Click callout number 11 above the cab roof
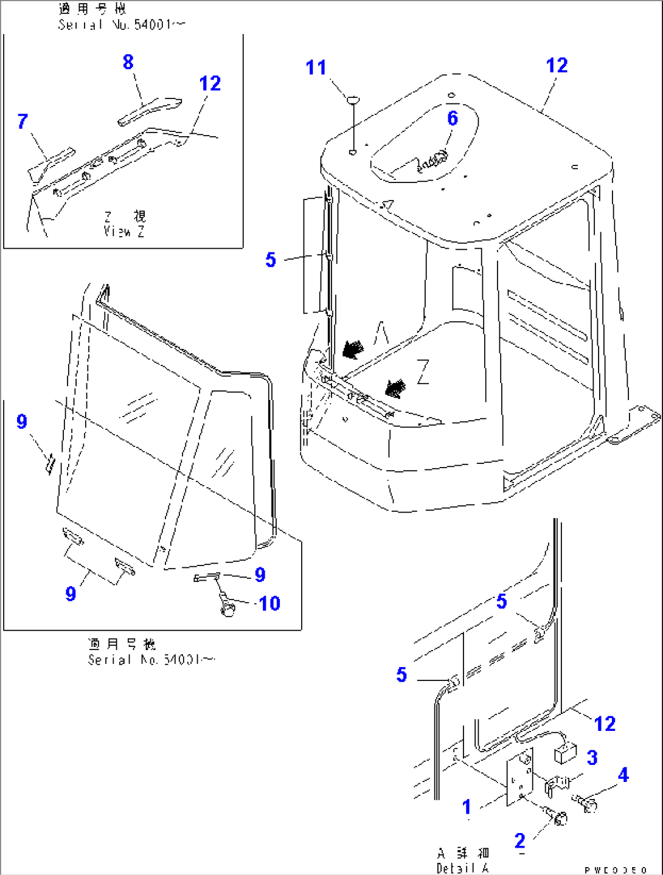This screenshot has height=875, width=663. [x=316, y=67]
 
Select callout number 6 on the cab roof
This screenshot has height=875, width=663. [x=453, y=118]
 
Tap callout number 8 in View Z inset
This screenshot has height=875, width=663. [x=128, y=62]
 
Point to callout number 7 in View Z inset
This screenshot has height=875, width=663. [x=23, y=121]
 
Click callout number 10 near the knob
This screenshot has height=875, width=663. [x=269, y=603]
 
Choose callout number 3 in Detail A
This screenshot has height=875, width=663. [x=592, y=758]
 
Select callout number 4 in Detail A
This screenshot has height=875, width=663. [x=623, y=775]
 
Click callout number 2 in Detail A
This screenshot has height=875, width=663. [x=519, y=840]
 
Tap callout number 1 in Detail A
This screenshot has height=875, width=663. [x=467, y=807]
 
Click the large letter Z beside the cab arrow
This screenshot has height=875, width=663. [x=423, y=372]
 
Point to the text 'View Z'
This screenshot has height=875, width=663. [x=124, y=232]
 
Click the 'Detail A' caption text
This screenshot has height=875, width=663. [x=462, y=868]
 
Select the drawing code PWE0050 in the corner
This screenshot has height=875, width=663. [x=616, y=870]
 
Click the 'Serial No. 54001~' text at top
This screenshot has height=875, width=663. [x=122, y=25]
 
